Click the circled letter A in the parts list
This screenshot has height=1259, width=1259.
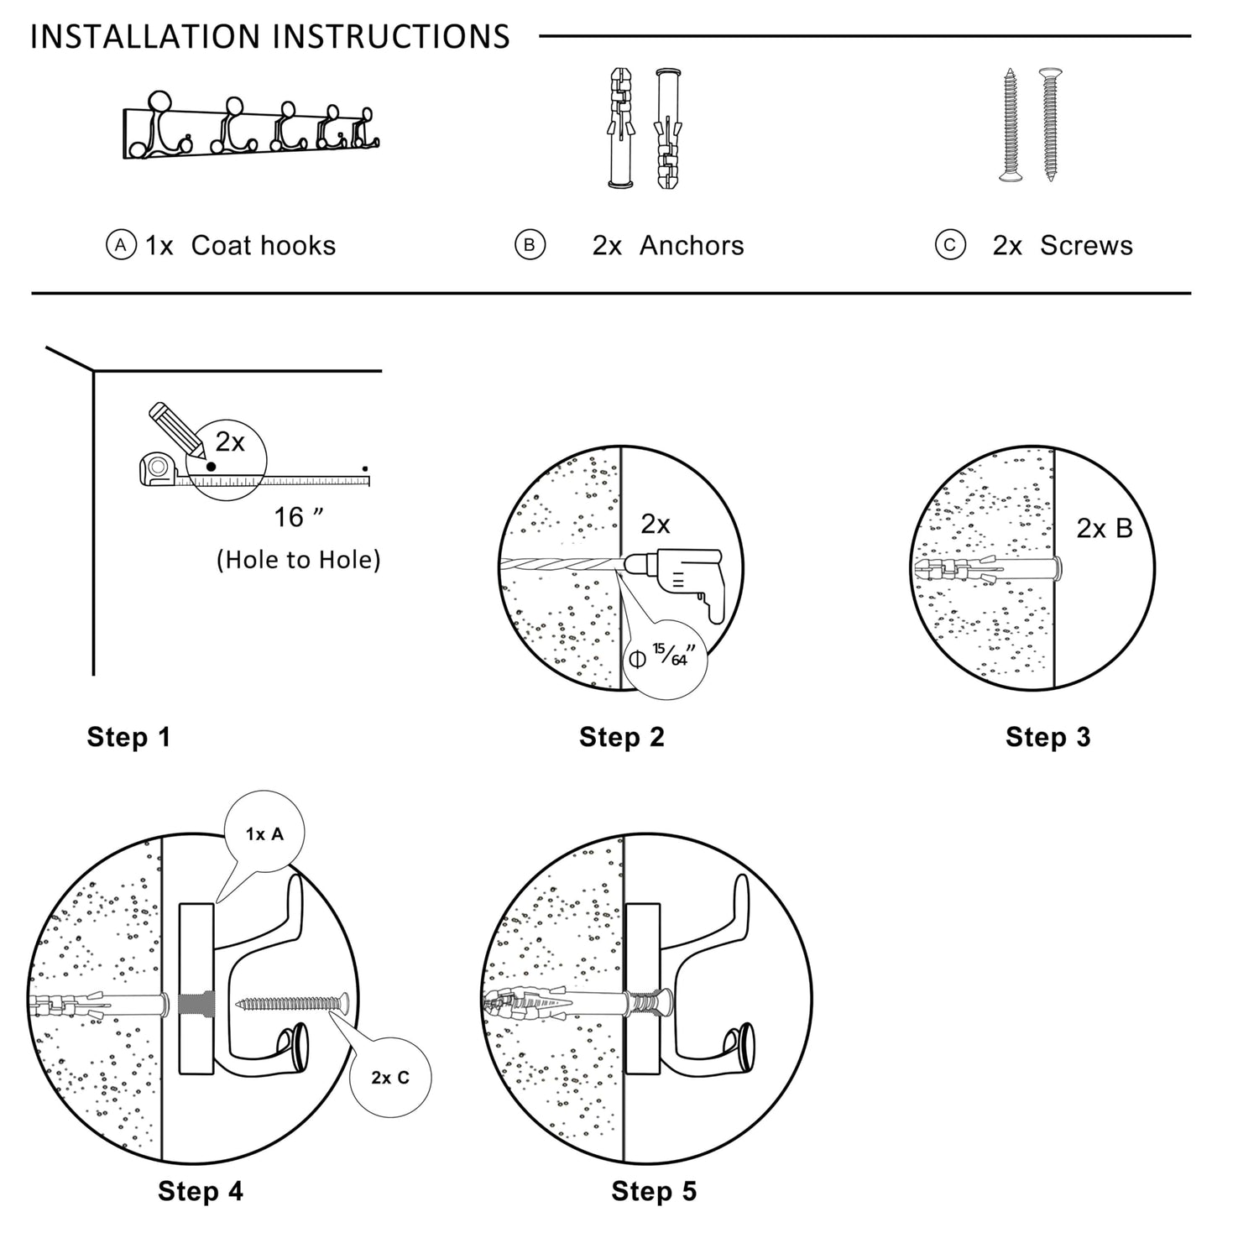(x=121, y=245)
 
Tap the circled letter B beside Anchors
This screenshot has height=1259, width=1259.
(x=530, y=245)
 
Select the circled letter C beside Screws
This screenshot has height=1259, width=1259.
(x=949, y=245)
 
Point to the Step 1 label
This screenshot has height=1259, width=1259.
(x=128, y=737)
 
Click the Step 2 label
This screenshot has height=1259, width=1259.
(x=621, y=737)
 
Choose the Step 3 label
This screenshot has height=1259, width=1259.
(x=1047, y=737)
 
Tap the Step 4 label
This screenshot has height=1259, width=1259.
(x=200, y=1191)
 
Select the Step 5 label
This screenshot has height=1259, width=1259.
(x=654, y=1191)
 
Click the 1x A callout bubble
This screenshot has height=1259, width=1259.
(x=264, y=833)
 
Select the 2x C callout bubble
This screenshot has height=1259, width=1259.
(x=390, y=1078)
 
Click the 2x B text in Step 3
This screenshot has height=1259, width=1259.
(x=1104, y=529)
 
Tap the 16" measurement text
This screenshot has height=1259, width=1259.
(x=298, y=518)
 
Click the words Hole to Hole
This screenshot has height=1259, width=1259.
(x=298, y=560)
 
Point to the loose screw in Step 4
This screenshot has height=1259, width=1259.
(x=292, y=1002)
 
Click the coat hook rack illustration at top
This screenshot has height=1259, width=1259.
(x=250, y=131)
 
